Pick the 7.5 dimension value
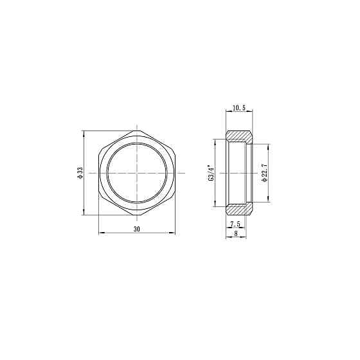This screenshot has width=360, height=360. point(235,224)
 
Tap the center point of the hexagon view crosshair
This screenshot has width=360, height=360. point(137,174)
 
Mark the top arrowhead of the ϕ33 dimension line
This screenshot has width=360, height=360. point(85,133)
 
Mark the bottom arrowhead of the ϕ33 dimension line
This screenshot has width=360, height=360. point(85,215)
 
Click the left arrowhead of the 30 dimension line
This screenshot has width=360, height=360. point(99,233)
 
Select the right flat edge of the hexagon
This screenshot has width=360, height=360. point(175,174)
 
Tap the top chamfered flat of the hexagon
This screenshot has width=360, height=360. point(137,131)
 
